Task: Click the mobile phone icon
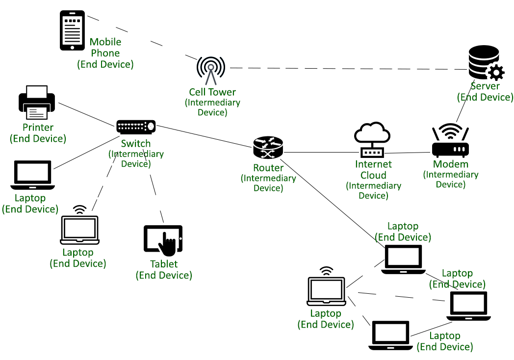coord(72,30)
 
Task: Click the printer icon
coord(37,103)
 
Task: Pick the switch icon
coord(136,127)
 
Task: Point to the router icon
coord(268,148)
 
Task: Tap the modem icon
coord(450,142)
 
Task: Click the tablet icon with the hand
coord(163,240)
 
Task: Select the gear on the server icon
coord(495,73)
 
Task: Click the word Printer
coord(38,128)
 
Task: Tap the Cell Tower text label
coord(212,92)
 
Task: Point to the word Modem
coord(451,164)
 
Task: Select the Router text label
coord(268,168)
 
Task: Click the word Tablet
coord(164,264)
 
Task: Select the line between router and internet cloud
coord(319,152)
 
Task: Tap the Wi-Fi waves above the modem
coord(450,130)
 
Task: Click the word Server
coord(485,86)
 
